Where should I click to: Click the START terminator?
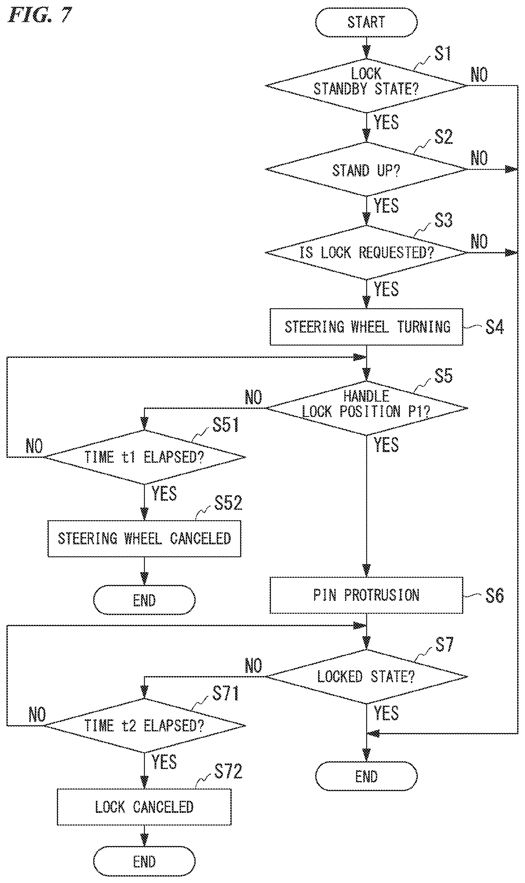[366, 22]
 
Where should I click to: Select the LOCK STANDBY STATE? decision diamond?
[366, 86]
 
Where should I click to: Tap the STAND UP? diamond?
[366, 170]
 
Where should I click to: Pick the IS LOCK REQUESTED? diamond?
[366, 252]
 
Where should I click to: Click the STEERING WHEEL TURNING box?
[366, 327]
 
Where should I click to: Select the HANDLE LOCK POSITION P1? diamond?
[366, 408]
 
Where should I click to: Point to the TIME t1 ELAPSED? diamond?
[144, 457]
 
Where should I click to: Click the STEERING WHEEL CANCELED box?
[144, 538]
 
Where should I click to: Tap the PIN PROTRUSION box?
[366, 595]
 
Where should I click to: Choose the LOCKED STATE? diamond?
[366, 676]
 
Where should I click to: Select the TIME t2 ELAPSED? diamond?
[144, 725]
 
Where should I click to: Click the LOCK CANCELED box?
[144, 807]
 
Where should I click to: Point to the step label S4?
[494, 327]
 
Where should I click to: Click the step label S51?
[225, 425]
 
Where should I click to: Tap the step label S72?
[228, 771]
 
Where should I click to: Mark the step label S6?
[494, 596]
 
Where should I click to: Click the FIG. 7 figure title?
[40, 15]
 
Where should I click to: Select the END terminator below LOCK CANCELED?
[144, 862]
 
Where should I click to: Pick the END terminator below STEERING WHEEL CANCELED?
[144, 600]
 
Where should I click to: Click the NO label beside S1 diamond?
[479, 75]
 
